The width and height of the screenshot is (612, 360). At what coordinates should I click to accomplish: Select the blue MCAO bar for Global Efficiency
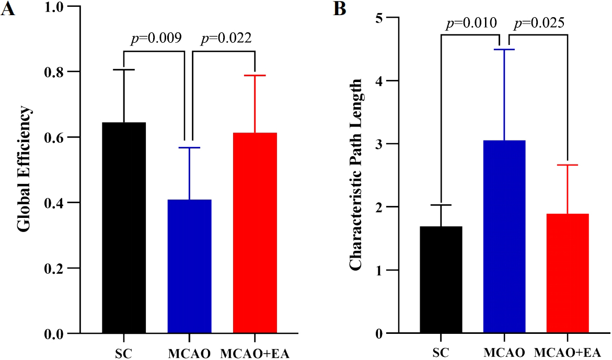pyautogui.click(x=189, y=266)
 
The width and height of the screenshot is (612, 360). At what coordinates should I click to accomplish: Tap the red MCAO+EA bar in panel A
pyautogui.click(x=255, y=233)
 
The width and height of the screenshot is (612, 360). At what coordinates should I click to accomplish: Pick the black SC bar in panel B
pyautogui.click(x=441, y=280)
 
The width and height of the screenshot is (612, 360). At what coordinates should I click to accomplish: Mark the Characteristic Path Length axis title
pyautogui.click(x=356, y=175)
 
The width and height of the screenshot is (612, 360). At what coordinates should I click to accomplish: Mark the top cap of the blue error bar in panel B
pyautogui.click(x=504, y=50)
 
